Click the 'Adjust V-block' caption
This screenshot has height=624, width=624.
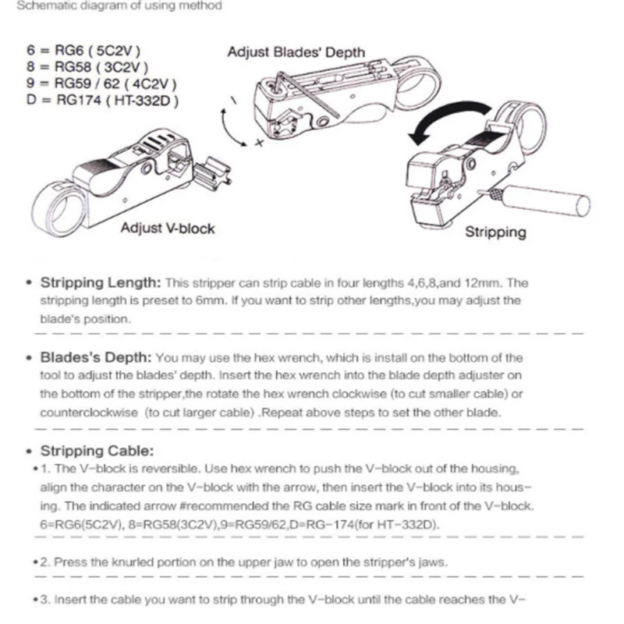167,229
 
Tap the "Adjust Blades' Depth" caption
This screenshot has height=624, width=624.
296,53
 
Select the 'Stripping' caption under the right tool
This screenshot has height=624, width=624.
495,232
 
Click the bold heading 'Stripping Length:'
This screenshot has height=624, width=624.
101,283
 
